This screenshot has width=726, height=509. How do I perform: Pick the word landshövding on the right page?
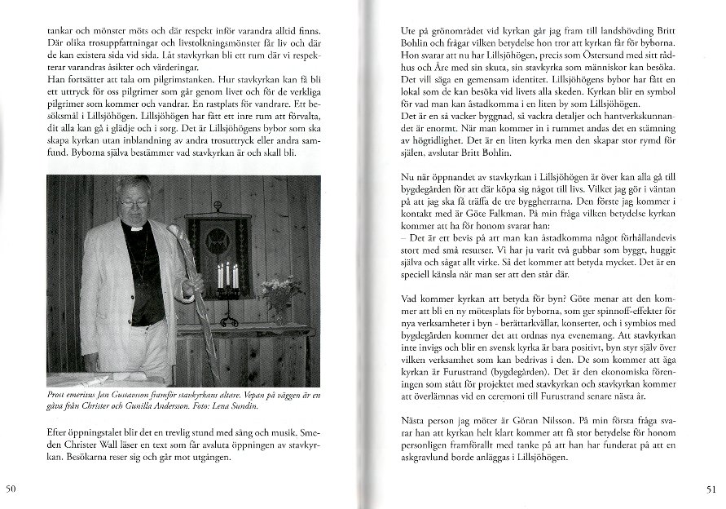tap(583, 30)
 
